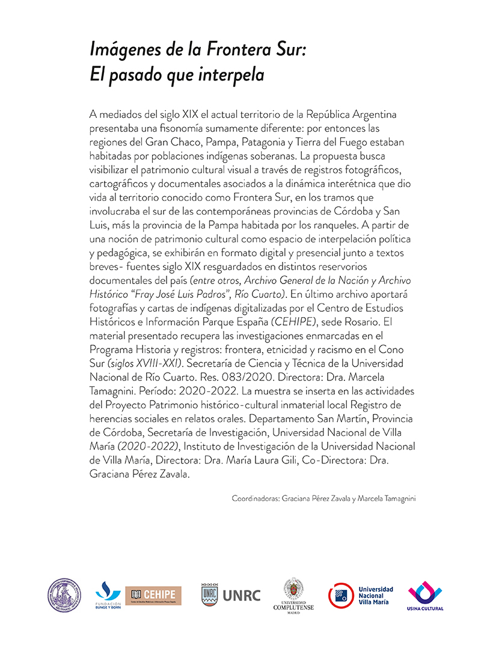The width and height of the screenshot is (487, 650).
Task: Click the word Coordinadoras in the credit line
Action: [x=255, y=498]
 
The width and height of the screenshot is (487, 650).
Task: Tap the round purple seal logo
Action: [x=64, y=595]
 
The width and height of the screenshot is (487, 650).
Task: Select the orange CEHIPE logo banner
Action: [x=153, y=595]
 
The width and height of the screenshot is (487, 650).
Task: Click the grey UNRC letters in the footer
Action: [x=242, y=595]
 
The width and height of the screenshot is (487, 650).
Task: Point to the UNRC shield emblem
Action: [x=209, y=594]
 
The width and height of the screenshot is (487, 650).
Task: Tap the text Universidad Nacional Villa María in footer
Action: [x=375, y=595]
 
